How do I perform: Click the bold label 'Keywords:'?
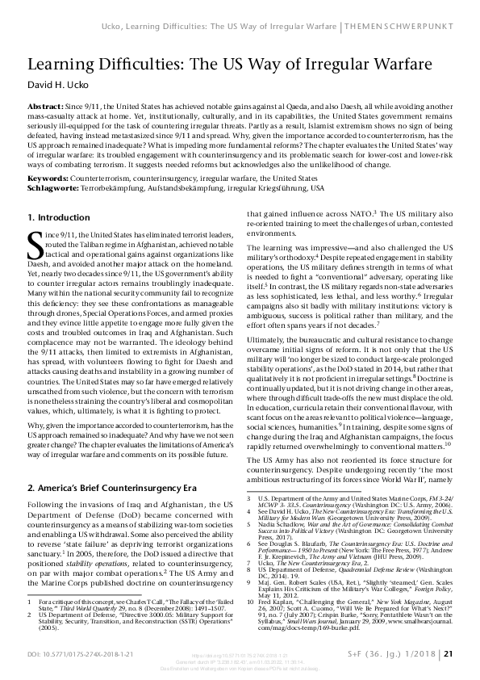[x=48, y=177]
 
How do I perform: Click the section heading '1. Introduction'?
[x=60, y=217]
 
